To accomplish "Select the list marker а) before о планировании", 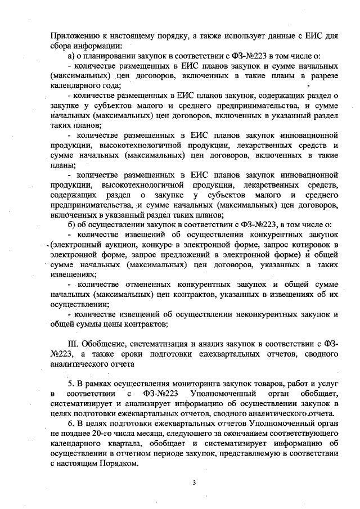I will tap(71, 56).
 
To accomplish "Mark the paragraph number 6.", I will tap(71, 423).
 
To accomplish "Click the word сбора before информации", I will tap(61, 45).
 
